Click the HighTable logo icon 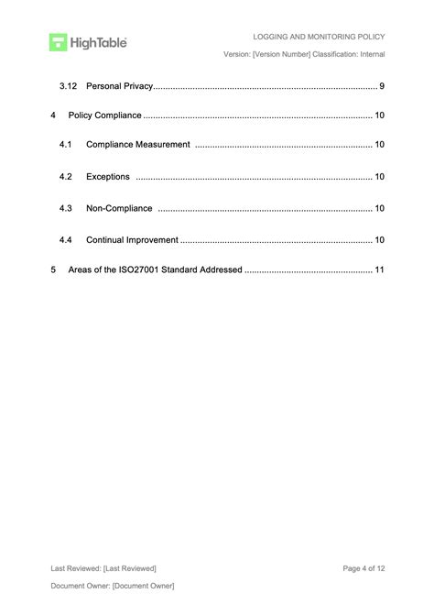point(58,41)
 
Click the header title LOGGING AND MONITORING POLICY point(319,37)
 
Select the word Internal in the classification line point(368,55)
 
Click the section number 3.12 point(68,86)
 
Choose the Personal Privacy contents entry point(118,86)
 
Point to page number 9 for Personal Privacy point(381,86)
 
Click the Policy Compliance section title point(104,115)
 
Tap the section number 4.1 point(66,145)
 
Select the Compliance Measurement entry point(137,145)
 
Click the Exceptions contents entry point(107,176)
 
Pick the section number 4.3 point(66,208)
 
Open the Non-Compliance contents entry point(118,208)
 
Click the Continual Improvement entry point(132,239)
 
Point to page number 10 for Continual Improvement point(379,239)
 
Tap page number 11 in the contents point(379,270)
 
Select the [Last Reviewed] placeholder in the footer point(130,568)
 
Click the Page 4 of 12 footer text point(363,568)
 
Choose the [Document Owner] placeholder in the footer point(143,586)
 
